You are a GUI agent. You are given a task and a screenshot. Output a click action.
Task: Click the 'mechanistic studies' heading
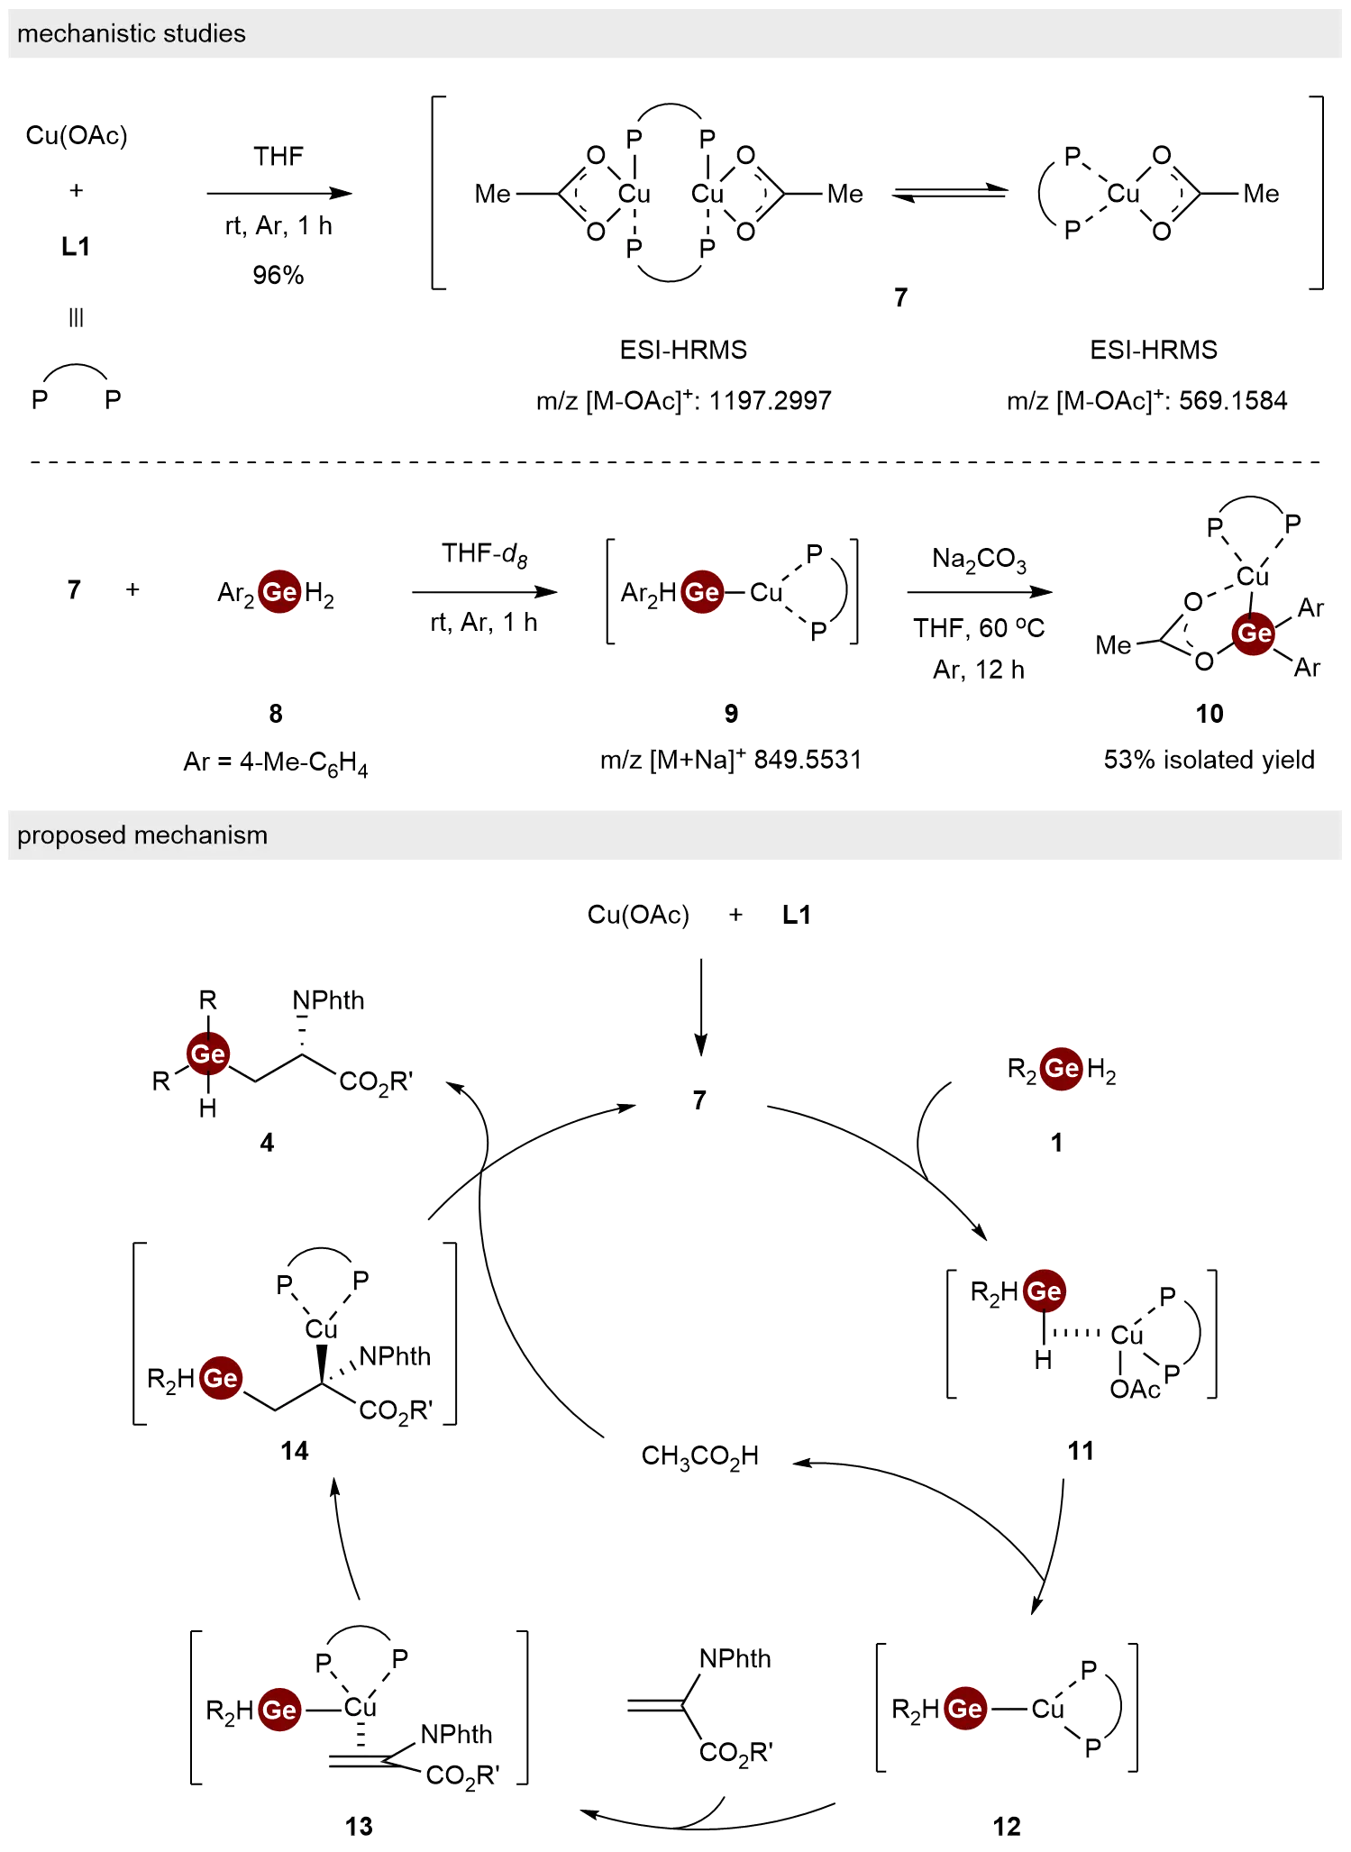132,33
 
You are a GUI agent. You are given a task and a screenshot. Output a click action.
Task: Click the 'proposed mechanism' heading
142,835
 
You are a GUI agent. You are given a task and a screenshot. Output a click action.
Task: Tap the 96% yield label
278,274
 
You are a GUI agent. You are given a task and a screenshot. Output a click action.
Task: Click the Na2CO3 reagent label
978,561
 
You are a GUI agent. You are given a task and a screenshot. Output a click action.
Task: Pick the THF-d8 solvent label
486,553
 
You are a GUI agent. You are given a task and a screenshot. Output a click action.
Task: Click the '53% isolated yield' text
1210,760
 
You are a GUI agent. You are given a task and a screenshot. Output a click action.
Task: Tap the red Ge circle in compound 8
279,592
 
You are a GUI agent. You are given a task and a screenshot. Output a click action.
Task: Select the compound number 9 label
731,714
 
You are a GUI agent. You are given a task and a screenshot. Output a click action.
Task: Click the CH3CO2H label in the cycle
700,1456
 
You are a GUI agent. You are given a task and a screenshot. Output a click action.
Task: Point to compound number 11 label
1081,1451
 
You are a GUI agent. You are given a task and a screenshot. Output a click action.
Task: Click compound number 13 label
360,1826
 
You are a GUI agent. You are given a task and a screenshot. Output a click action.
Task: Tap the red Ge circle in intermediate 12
964,1708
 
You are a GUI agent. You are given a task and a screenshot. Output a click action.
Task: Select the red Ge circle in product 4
208,1054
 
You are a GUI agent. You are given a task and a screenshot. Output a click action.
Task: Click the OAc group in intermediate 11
1135,1388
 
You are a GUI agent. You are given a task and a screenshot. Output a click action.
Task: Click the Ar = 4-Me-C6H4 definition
275,763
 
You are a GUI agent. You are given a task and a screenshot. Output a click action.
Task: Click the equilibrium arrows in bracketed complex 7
948,194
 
